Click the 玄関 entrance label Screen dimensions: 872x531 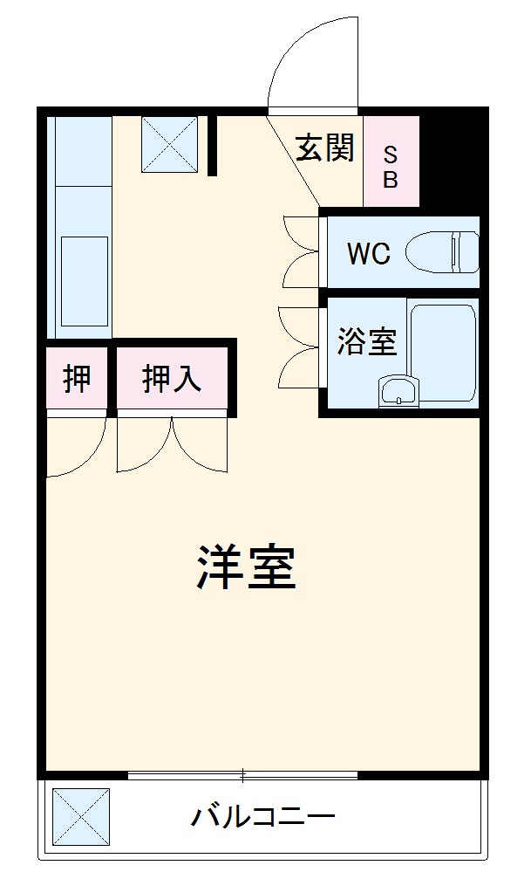324,149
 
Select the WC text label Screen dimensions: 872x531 367,254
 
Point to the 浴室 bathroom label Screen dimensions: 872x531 367,341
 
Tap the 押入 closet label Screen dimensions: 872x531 172,379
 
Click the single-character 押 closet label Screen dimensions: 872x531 77,379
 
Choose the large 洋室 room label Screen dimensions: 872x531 246,566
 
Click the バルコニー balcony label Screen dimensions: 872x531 263,818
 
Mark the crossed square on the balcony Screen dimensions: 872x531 81,816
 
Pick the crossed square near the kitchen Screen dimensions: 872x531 170,144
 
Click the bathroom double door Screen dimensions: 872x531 298,346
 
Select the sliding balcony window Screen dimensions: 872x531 243,774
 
